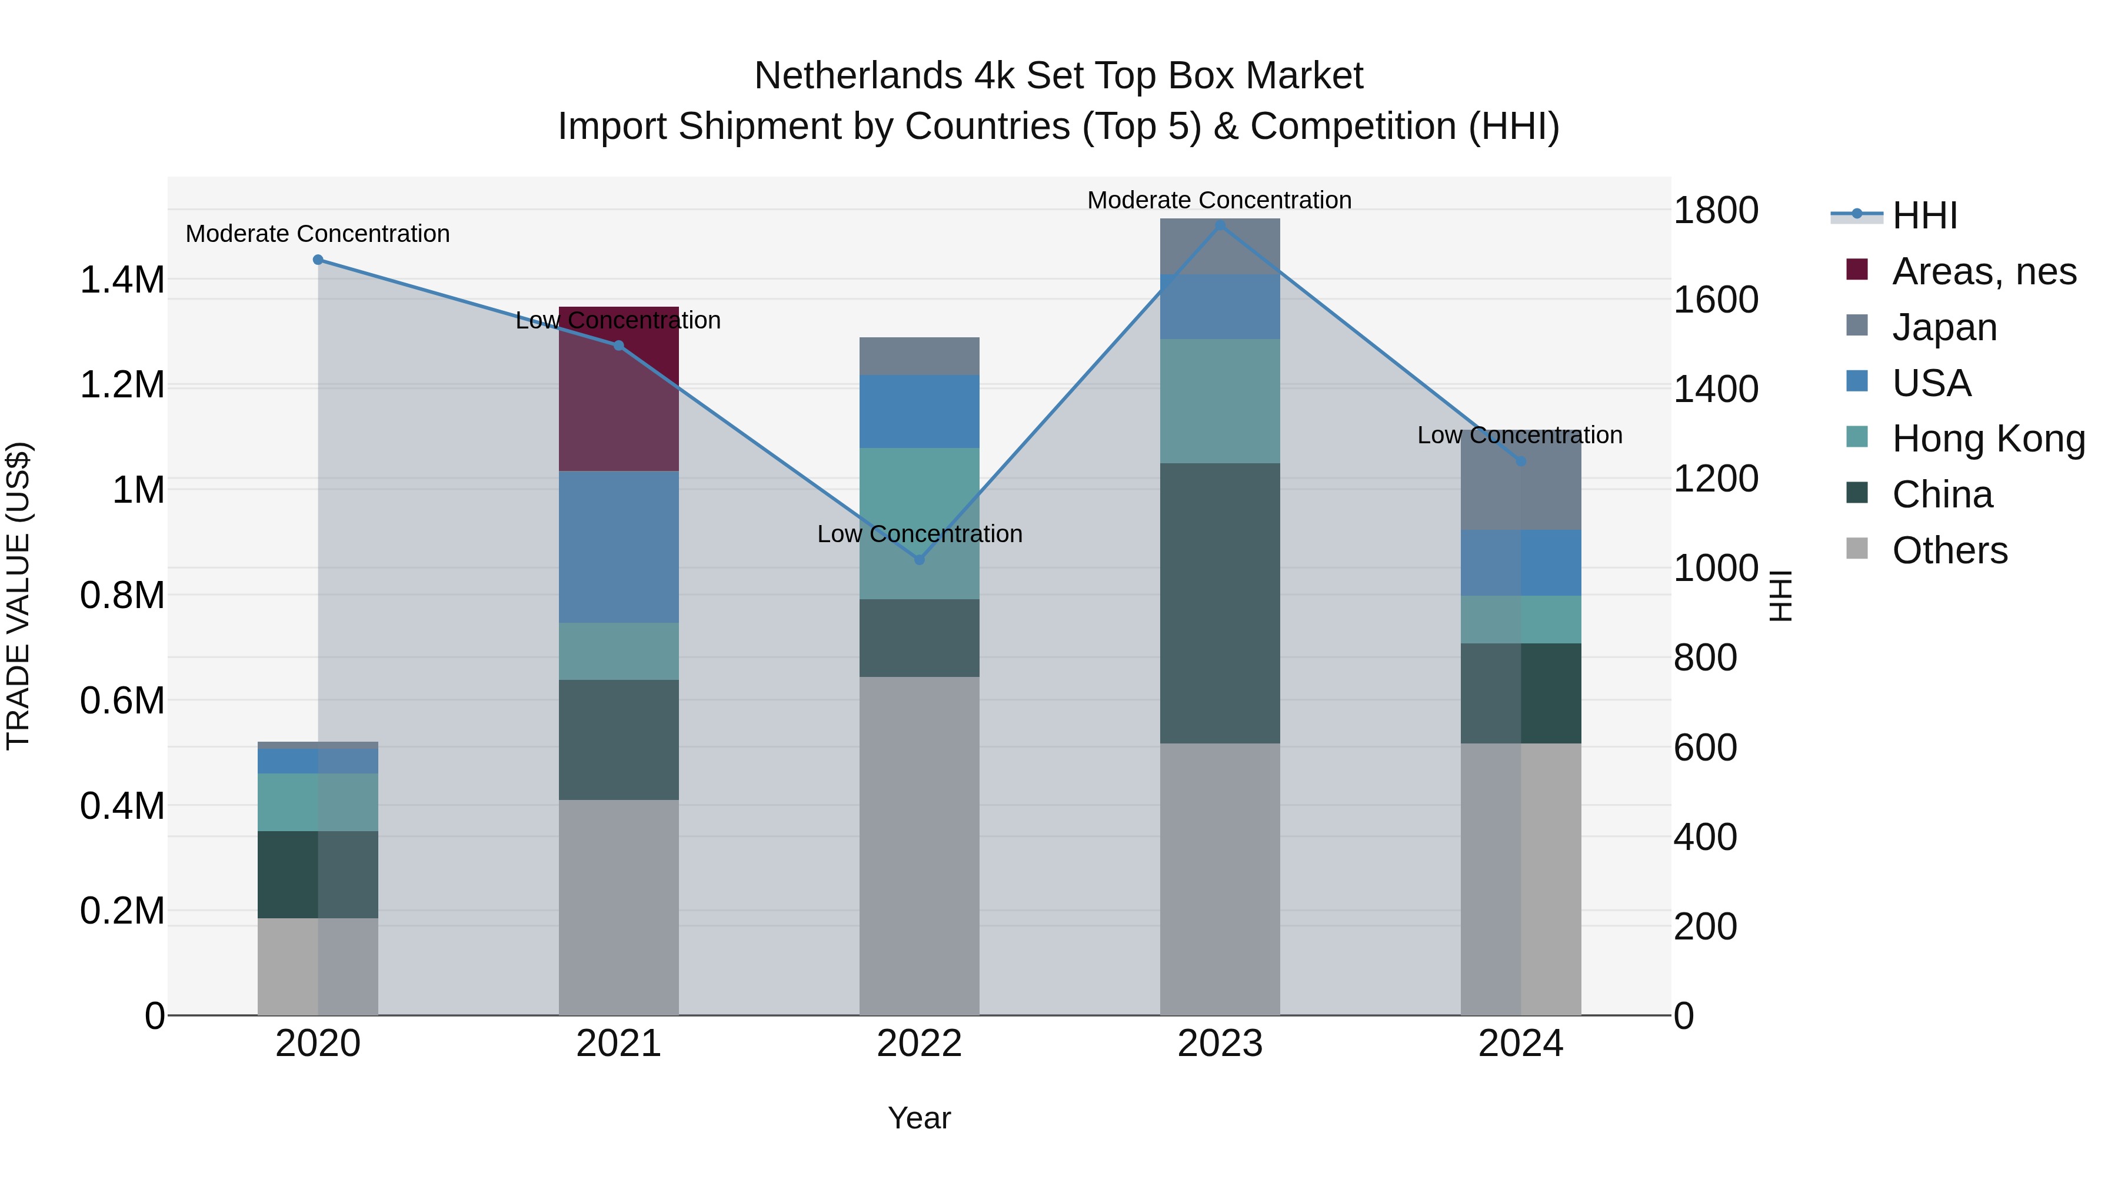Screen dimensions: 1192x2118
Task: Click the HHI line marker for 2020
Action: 318,260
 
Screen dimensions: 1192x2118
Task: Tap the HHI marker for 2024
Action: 1520,461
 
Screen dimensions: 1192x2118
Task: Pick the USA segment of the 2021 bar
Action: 618,546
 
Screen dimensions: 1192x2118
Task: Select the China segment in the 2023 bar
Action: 1220,603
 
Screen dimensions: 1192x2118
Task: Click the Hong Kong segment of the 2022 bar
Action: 919,523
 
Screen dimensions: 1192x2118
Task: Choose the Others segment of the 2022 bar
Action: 919,846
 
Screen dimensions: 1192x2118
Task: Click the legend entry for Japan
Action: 1944,327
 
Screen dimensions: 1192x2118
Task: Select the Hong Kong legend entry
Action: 1987,439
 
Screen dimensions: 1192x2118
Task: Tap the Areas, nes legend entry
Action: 1983,271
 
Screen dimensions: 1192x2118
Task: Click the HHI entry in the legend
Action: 1924,215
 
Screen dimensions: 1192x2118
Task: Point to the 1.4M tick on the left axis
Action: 122,280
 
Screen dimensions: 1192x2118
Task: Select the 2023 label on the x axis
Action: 1220,1044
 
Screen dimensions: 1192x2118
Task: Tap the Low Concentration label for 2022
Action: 919,534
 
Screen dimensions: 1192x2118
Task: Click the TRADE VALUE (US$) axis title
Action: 18,596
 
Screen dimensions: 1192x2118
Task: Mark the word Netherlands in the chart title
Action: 858,76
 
